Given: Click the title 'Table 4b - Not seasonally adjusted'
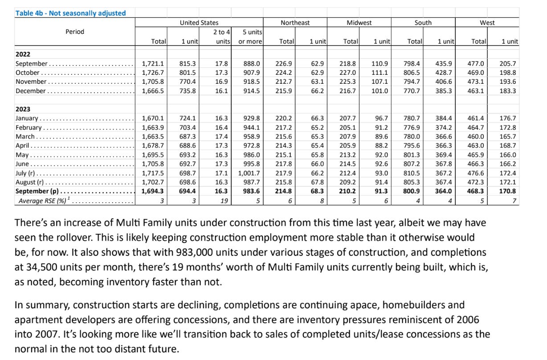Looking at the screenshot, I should [71, 13].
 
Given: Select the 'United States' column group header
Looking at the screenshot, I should [199, 22].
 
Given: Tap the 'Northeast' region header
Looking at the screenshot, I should [295, 22].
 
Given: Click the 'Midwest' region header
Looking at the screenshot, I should [359, 22].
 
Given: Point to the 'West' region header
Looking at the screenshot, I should [487, 22].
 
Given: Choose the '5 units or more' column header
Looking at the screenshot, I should [250, 37].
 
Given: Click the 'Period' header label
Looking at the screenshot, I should [74, 32].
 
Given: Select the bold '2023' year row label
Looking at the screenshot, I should [23, 109].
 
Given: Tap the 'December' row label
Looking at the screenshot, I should [30, 91].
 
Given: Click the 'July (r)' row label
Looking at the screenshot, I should [26, 172].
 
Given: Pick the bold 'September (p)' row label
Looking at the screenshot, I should [38, 191].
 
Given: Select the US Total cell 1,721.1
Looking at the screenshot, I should [153, 64].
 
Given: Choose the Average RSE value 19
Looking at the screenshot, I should [225, 201].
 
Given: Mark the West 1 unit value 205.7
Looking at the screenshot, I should [508, 64].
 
